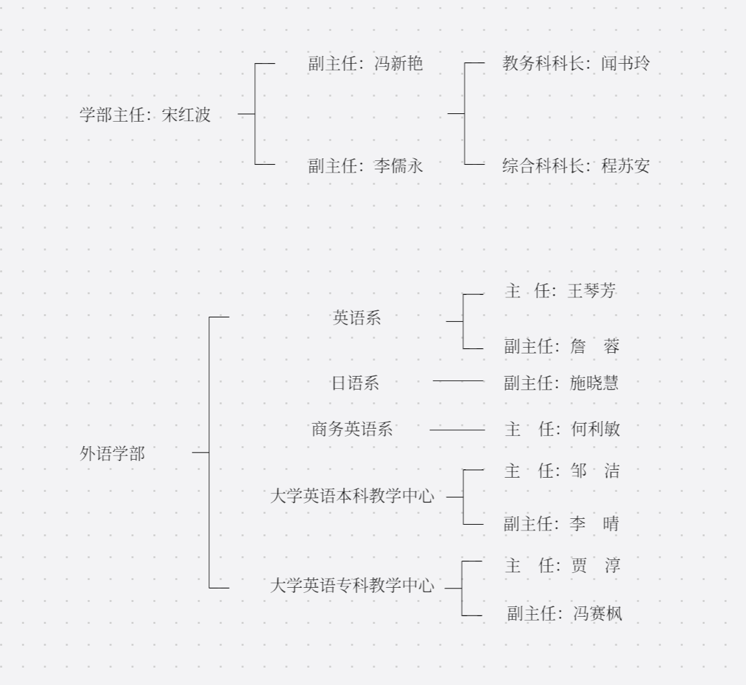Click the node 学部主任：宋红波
(x=145, y=115)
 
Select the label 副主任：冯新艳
(x=365, y=64)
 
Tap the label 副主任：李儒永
(x=365, y=166)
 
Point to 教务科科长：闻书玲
(x=575, y=64)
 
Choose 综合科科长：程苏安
(x=575, y=166)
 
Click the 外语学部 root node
(x=112, y=454)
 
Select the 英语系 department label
(x=357, y=318)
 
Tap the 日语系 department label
(x=355, y=384)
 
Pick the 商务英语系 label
(x=351, y=429)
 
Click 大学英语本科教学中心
(x=351, y=496)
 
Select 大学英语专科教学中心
(x=351, y=586)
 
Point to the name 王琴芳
(x=592, y=292)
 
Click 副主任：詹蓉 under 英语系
(x=561, y=347)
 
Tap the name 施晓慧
(x=594, y=384)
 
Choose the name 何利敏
(x=595, y=429)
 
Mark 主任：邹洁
(x=561, y=471)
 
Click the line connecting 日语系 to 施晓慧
(x=458, y=381)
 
